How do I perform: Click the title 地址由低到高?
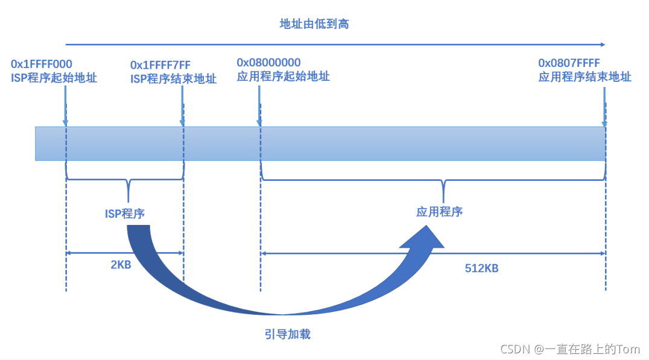pyautogui.click(x=314, y=24)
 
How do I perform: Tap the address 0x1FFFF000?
pyautogui.click(x=42, y=64)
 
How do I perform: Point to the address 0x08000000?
pyautogui.click(x=268, y=63)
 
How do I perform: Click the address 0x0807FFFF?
pyautogui.click(x=569, y=63)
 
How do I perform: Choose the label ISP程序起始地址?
pyautogui.click(x=54, y=78)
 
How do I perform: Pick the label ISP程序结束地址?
pyautogui.click(x=173, y=78)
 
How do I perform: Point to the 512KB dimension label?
pyautogui.click(x=481, y=268)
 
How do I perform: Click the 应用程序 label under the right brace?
pyautogui.click(x=439, y=212)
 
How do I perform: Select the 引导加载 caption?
pyautogui.click(x=287, y=333)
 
